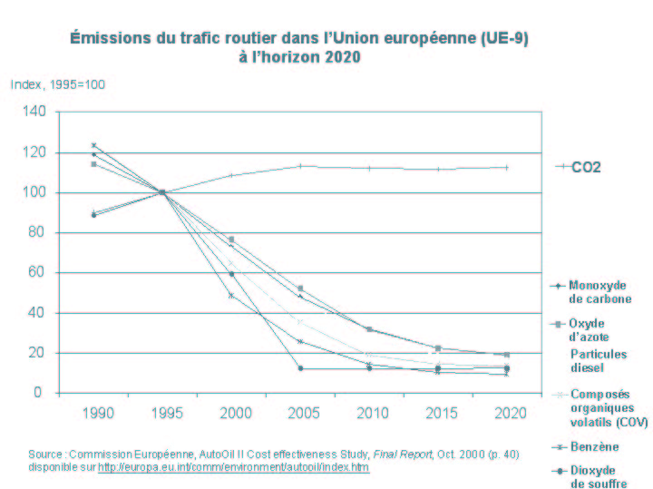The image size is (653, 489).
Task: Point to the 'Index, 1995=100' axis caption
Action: point(58,84)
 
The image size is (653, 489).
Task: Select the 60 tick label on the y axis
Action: point(35,272)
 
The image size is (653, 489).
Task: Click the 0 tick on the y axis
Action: point(39,393)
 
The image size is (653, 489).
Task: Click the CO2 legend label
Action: point(587,167)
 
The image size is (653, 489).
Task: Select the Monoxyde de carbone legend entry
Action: point(599,291)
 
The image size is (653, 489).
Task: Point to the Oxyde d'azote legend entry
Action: point(594,330)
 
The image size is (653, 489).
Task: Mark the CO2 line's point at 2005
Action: point(300,166)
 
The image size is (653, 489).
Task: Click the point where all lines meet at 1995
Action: point(162,192)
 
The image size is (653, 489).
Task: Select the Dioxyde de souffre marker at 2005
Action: point(300,368)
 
